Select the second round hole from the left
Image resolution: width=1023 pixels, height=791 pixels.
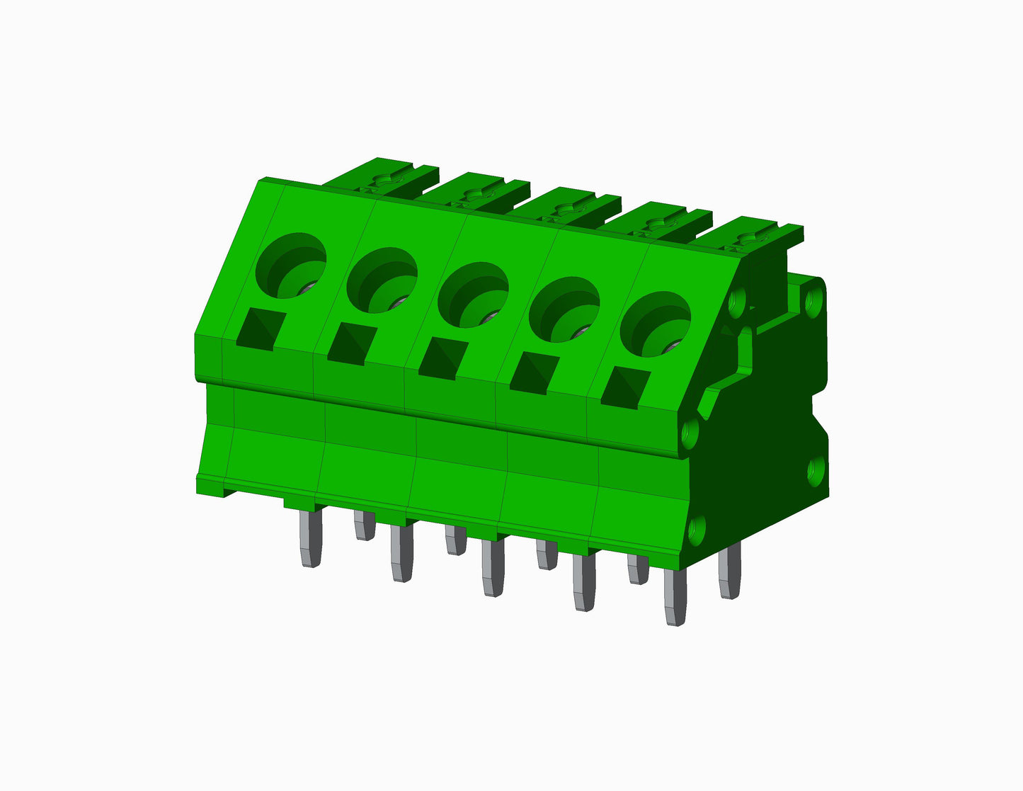coord(382,280)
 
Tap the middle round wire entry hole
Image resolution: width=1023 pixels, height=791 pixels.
coord(473,295)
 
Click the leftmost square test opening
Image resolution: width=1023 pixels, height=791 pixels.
coord(261,330)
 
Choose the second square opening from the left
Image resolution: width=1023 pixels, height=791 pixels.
coord(351,344)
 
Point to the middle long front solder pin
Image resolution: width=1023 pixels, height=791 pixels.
coord(493,567)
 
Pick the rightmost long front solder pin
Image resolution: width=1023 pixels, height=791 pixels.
coord(675,596)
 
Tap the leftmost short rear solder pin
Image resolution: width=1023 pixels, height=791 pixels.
coord(364,525)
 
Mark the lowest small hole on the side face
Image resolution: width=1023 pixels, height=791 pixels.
coord(697,528)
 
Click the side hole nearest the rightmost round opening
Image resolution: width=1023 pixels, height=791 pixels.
coord(737,303)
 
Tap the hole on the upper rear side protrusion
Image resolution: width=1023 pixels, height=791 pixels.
coord(813,297)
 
